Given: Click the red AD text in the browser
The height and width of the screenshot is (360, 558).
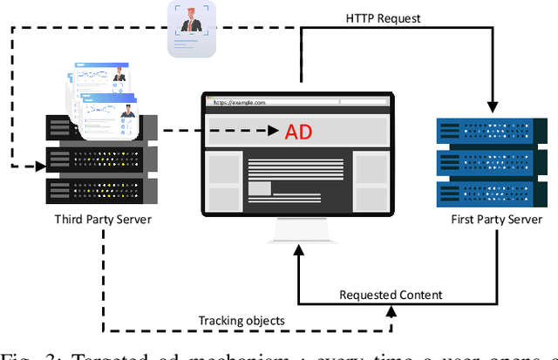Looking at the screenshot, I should pyautogui.click(x=298, y=132).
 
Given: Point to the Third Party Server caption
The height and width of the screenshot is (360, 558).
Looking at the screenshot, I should pyautogui.click(x=103, y=218).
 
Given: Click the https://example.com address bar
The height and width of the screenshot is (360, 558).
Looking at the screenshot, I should pyautogui.click(x=270, y=102).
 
